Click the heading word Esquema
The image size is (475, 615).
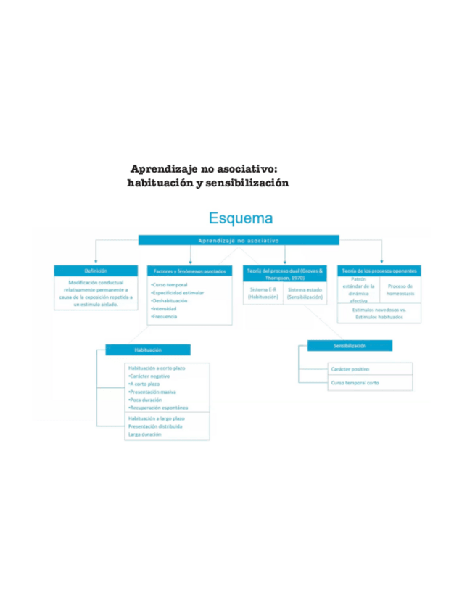click(241, 218)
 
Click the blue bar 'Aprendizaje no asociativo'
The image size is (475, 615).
click(239, 240)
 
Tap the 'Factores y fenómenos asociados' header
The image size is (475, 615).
click(189, 271)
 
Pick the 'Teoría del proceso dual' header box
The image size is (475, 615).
click(285, 273)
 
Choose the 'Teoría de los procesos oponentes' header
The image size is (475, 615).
click(379, 271)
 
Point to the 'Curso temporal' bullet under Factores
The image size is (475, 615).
click(170, 285)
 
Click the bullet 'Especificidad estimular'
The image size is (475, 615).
click(178, 293)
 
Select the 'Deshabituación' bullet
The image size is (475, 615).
click(170, 301)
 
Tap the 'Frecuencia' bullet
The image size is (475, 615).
click(165, 317)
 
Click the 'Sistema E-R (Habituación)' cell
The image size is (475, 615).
click(263, 292)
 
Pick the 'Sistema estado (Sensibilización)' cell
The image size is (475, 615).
click(305, 292)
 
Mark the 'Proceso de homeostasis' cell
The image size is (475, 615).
click(400, 289)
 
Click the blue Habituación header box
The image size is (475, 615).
click(148, 350)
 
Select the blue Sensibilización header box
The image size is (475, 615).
click(350, 346)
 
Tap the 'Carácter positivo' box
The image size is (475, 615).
click(355, 369)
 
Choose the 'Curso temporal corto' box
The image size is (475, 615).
click(355, 383)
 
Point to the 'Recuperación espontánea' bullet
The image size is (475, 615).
click(157, 408)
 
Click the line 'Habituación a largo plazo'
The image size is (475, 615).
click(156, 418)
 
